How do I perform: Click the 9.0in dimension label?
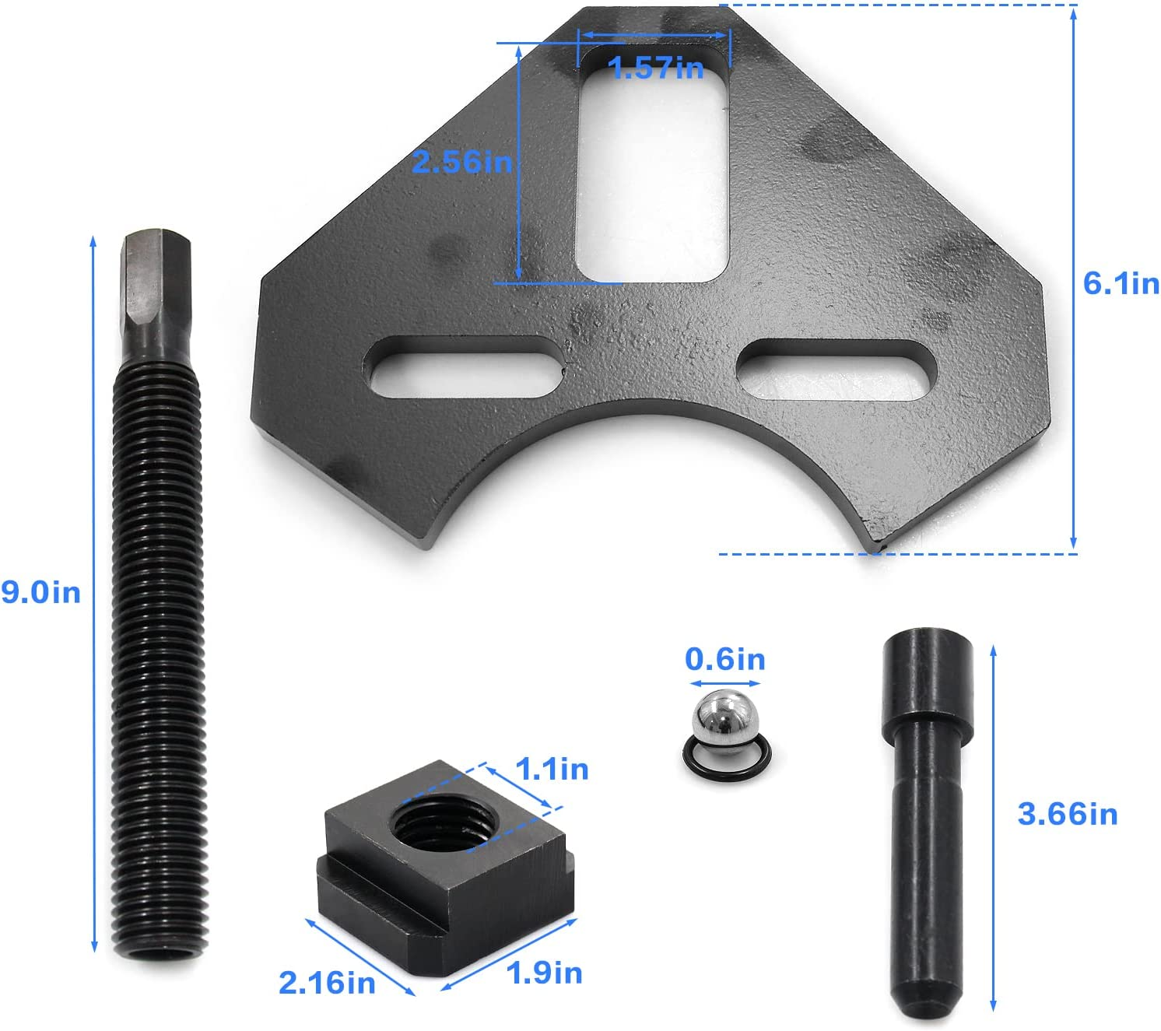40,592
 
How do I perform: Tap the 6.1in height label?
1121,283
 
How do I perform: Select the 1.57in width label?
656,68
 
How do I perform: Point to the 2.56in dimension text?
461,162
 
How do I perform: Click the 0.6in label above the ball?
724,659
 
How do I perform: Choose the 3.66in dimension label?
1067,814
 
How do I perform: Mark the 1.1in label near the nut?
552,769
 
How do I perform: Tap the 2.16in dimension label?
327,983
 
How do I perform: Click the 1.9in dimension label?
544,973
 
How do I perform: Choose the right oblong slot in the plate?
837,370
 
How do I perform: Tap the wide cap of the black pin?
927,685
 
